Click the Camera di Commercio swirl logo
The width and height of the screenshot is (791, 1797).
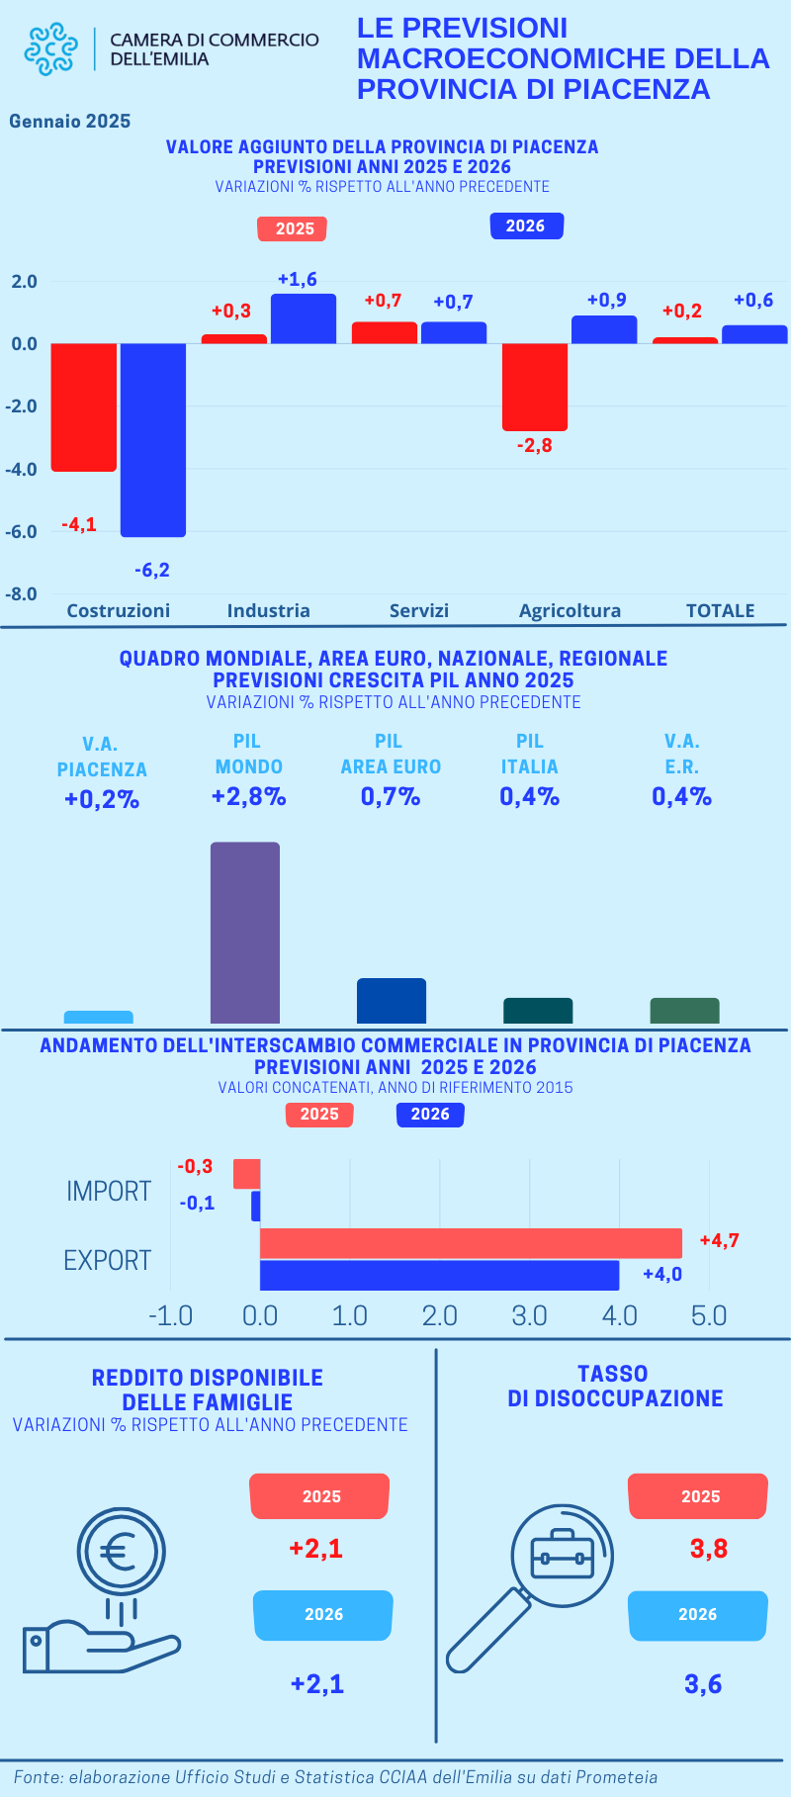point(50,48)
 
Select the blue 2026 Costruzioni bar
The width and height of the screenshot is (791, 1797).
point(153,439)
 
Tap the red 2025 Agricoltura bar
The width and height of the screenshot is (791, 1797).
point(535,387)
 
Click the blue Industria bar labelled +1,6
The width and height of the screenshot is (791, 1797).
point(304,318)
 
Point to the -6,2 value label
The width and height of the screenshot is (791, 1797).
point(152,570)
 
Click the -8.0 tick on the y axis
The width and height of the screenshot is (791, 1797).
point(21,594)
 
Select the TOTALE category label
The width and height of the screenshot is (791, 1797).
point(720,610)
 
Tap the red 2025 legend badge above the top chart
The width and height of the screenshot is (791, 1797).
point(292,228)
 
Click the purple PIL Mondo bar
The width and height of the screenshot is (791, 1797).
point(245,932)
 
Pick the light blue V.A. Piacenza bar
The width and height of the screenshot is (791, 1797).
point(99,1017)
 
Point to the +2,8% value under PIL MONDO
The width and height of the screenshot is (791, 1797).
point(249,797)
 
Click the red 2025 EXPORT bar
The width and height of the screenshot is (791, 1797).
point(471,1242)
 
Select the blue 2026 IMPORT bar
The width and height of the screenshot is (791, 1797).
point(256,1206)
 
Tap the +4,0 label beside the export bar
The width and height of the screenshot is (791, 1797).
point(662,1274)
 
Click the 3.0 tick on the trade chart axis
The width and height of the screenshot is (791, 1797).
point(529,1315)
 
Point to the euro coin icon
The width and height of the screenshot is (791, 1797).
point(121,1552)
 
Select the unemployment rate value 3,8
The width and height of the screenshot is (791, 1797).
point(709,1548)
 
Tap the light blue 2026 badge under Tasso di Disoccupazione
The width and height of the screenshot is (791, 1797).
point(698,1614)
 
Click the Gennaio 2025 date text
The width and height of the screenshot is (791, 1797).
point(70,122)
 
